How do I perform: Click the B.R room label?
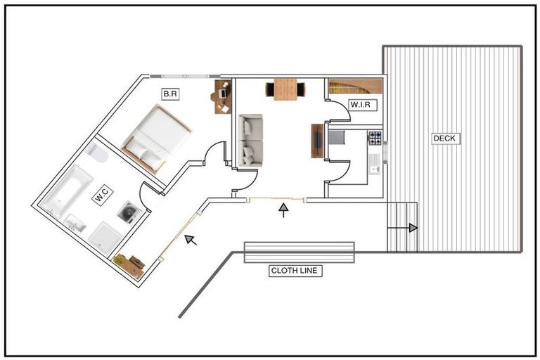170,94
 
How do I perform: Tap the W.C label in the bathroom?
102,195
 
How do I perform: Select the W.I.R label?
361,105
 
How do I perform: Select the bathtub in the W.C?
67,191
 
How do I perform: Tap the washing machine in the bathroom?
129,212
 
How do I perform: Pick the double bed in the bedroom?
156,139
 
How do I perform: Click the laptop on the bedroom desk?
222,92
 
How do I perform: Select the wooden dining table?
285,89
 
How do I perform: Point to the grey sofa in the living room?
251,141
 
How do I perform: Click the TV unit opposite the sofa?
318,141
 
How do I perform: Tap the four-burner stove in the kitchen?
375,138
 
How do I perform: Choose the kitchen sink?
374,165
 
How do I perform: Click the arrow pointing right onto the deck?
402,228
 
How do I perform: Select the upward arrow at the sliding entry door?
283,210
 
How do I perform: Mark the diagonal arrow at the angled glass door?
191,240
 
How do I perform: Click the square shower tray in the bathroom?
105,238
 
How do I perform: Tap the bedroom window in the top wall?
185,76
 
